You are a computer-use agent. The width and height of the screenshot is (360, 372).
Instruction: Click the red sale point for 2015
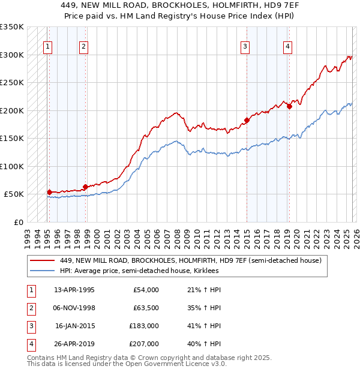247,120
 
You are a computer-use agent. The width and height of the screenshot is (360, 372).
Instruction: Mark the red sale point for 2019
289,107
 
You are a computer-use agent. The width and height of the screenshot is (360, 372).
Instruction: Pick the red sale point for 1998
85,187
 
